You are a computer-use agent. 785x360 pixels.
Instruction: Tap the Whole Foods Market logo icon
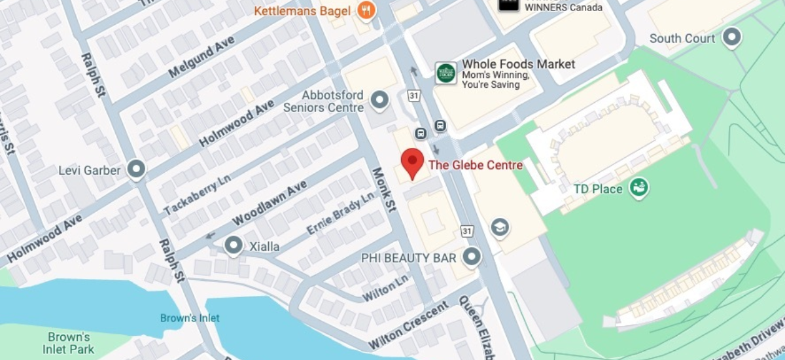pos(446,73)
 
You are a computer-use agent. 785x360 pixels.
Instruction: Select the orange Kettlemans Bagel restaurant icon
pos(366,11)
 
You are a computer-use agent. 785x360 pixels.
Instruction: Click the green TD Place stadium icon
pos(638,189)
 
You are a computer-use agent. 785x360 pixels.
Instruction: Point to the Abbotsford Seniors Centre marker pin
pos(379,100)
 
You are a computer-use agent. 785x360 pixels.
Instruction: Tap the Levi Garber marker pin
pos(136,170)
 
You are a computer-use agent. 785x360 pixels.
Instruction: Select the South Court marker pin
pos(732,38)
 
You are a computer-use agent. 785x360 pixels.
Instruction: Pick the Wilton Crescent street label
pos(409,325)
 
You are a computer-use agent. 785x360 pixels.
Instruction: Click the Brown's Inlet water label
pos(190,318)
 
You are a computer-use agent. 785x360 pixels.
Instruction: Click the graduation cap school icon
pos(500,227)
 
